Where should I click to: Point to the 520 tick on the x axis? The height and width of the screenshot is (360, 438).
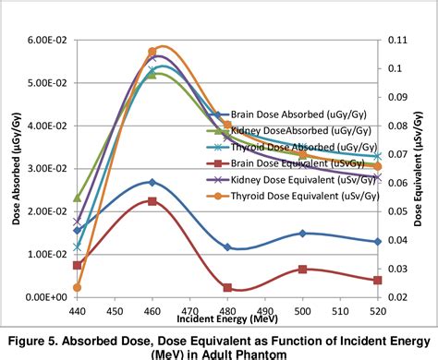[377, 313]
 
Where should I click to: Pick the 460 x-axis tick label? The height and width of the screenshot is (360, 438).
[152, 313]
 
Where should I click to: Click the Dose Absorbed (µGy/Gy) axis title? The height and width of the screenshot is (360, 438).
[13, 169]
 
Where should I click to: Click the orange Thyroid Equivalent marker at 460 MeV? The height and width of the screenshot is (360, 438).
[152, 52]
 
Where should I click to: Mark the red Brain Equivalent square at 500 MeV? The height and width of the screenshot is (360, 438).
[302, 270]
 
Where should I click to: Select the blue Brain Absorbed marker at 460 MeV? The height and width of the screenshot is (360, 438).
[152, 183]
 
